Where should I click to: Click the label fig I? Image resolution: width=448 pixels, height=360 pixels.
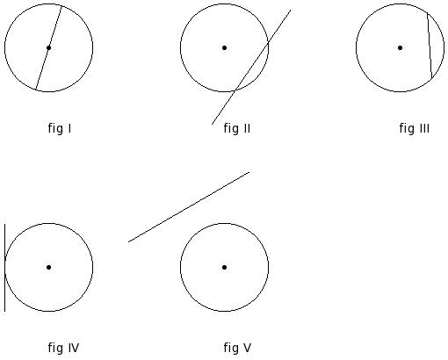pyautogui.click(x=60, y=128)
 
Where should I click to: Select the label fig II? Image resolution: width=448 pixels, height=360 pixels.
pyautogui.click(x=237, y=128)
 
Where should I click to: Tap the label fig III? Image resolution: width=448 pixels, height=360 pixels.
pyautogui.click(x=415, y=128)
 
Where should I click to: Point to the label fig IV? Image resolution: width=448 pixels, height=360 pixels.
pyautogui.click(x=63, y=348)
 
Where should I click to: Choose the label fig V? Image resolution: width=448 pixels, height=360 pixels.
pyautogui.click(x=237, y=348)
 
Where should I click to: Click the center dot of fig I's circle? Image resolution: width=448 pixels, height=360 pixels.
pyautogui.click(x=48, y=47)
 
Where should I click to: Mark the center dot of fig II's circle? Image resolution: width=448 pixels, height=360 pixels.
pyautogui.click(x=224, y=47)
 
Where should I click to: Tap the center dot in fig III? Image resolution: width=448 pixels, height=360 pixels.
pyautogui.click(x=400, y=47)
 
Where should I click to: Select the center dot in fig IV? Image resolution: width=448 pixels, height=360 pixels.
pyautogui.click(x=48, y=267)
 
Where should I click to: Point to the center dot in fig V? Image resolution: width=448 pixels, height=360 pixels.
pyautogui.click(x=224, y=267)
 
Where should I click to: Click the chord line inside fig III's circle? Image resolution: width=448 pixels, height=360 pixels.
pyautogui.click(x=430, y=46)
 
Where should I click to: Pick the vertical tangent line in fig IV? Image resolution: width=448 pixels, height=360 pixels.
pyautogui.click(x=4, y=268)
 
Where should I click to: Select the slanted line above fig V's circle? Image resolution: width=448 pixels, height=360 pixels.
pyautogui.click(x=189, y=207)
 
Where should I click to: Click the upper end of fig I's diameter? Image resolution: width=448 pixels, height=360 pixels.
pyautogui.click(x=61, y=6)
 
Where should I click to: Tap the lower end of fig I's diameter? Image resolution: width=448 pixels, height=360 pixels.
pyautogui.click(x=36, y=90)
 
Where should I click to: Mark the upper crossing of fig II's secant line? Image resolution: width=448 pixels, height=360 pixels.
pyautogui.click(x=268, y=43)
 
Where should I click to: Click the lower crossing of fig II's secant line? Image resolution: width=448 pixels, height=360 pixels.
pyautogui.click(x=235, y=90)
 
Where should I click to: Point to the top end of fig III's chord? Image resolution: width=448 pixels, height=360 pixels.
pyautogui.click(x=427, y=13)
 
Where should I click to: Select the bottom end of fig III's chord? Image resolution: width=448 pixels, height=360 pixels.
pyautogui.click(x=432, y=79)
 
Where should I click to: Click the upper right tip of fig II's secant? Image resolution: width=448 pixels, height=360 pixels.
pyautogui.click(x=291, y=10)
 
